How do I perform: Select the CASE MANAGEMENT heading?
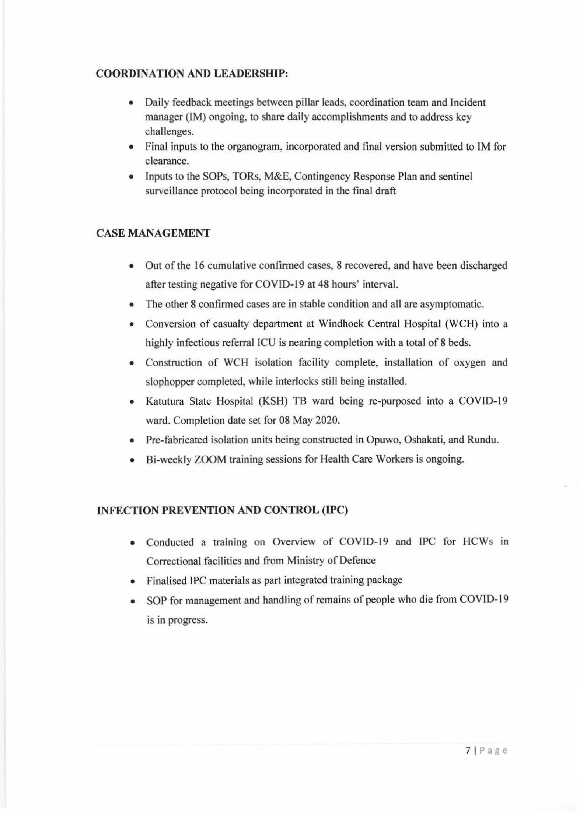153,233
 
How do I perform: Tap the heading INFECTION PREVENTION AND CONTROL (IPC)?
222,510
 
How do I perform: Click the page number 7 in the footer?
468,751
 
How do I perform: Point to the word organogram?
254,147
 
